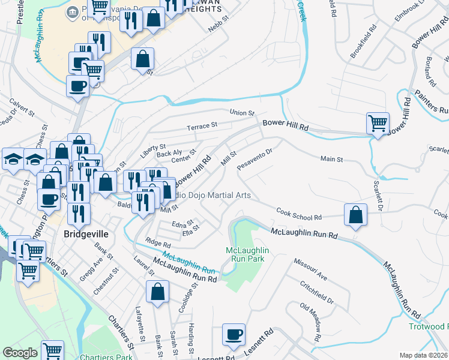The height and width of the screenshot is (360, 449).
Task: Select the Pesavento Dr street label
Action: click(255, 159)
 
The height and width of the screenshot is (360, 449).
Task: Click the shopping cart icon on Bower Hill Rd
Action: click(378, 124)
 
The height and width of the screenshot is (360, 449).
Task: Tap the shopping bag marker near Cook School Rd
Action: click(356, 214)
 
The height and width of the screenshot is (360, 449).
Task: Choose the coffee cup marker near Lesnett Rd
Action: click(234, 335)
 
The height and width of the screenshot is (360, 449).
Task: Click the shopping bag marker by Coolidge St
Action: click(157, 292)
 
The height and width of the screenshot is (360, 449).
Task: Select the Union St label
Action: click(243, 113)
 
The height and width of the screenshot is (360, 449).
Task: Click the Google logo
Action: click(20, 353)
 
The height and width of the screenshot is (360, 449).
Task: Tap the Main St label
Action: click(331, 160)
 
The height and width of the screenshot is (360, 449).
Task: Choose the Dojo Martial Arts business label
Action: click(213, 196)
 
